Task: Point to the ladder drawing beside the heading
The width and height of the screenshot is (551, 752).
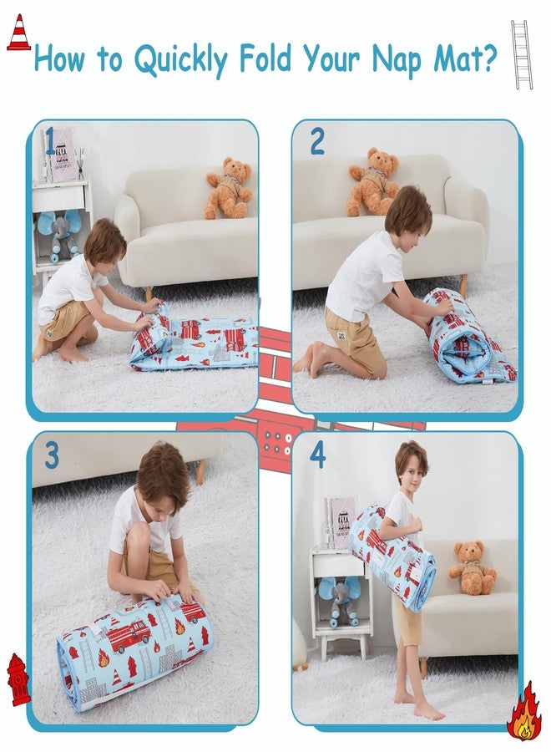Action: [522, 54]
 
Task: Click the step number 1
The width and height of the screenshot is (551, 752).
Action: [51, 142]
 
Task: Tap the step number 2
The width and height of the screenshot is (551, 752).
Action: [317, 142]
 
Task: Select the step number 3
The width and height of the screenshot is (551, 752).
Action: [52, 456]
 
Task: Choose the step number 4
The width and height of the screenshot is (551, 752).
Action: [317, 456]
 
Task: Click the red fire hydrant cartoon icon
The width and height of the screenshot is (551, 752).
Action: [18, 679]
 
